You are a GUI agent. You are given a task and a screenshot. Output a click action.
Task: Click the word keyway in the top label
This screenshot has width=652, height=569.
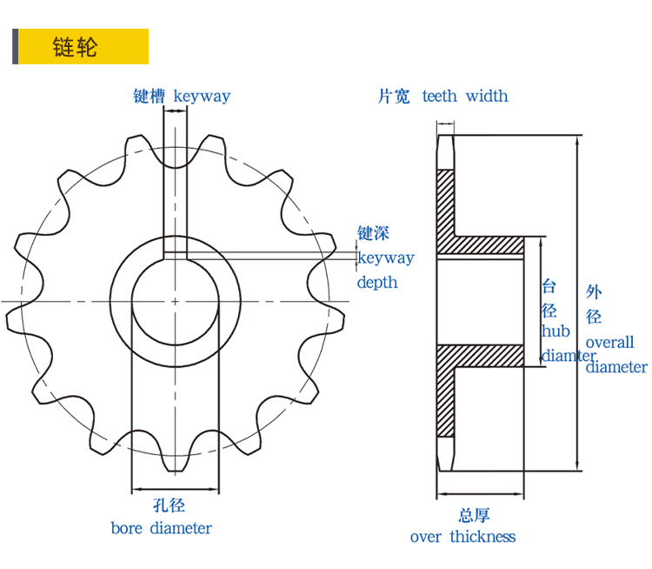tap(202, 96)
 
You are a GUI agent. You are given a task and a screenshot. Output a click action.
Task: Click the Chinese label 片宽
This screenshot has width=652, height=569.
tap(393, 96)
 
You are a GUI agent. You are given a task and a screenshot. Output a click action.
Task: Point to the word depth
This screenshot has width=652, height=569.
tap(377, 282)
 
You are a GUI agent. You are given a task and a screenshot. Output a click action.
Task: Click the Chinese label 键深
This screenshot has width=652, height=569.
tap(374, 233)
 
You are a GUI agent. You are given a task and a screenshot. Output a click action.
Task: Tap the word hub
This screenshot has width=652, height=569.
tap(556, 331)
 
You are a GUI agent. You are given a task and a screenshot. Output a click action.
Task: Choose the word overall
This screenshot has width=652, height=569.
tap(610, 342)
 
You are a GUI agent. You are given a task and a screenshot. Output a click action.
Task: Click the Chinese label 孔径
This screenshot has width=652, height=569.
tap(170, 505)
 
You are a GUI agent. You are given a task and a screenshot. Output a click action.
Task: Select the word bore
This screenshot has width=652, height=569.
tap(127, 528)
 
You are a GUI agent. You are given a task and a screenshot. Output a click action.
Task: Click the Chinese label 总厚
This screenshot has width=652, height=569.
tap(475, 514)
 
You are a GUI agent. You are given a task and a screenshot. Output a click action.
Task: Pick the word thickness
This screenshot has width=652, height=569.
tap(482, 537)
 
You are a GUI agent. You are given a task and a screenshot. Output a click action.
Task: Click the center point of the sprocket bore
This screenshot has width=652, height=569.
tap(175, 302)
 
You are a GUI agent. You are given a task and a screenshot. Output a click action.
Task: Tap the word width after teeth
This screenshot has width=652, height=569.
tap(487, 96)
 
